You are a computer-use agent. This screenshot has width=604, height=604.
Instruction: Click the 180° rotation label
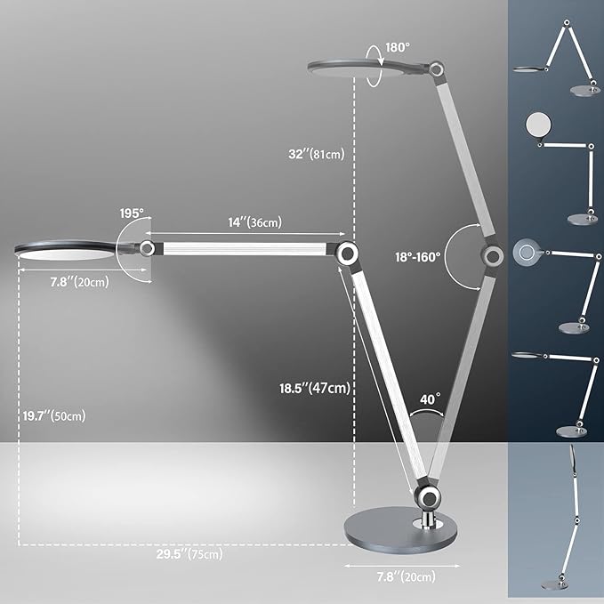[398, 47]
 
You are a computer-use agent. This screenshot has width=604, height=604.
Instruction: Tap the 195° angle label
[132, 213]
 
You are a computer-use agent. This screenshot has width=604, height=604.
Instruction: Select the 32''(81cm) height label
[317, 154]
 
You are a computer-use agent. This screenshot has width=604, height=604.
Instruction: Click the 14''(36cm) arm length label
[255, 222]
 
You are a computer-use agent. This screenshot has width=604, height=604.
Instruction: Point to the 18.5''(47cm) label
[315, 388]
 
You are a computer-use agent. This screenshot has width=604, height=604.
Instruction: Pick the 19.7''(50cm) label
[54, 416]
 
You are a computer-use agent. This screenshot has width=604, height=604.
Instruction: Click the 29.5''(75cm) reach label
[189, 554]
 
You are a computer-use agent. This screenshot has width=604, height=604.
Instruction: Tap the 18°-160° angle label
[417, 257]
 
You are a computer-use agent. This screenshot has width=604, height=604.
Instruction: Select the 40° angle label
[430, 399]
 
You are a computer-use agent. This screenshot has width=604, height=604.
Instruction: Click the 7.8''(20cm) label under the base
[406, 576]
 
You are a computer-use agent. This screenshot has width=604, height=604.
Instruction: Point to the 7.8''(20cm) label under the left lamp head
[80, 282]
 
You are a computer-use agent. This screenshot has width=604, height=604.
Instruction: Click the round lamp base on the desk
[400, 529]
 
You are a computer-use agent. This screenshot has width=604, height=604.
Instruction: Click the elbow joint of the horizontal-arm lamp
[347, 254]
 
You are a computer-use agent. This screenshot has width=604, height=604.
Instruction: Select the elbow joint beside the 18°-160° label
[492, 255]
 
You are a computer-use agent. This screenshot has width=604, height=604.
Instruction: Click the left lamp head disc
[66, 250]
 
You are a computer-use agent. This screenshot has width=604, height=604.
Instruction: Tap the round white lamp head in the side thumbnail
[538, 125]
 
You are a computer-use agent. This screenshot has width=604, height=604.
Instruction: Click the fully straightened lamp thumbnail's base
[554, 585]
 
